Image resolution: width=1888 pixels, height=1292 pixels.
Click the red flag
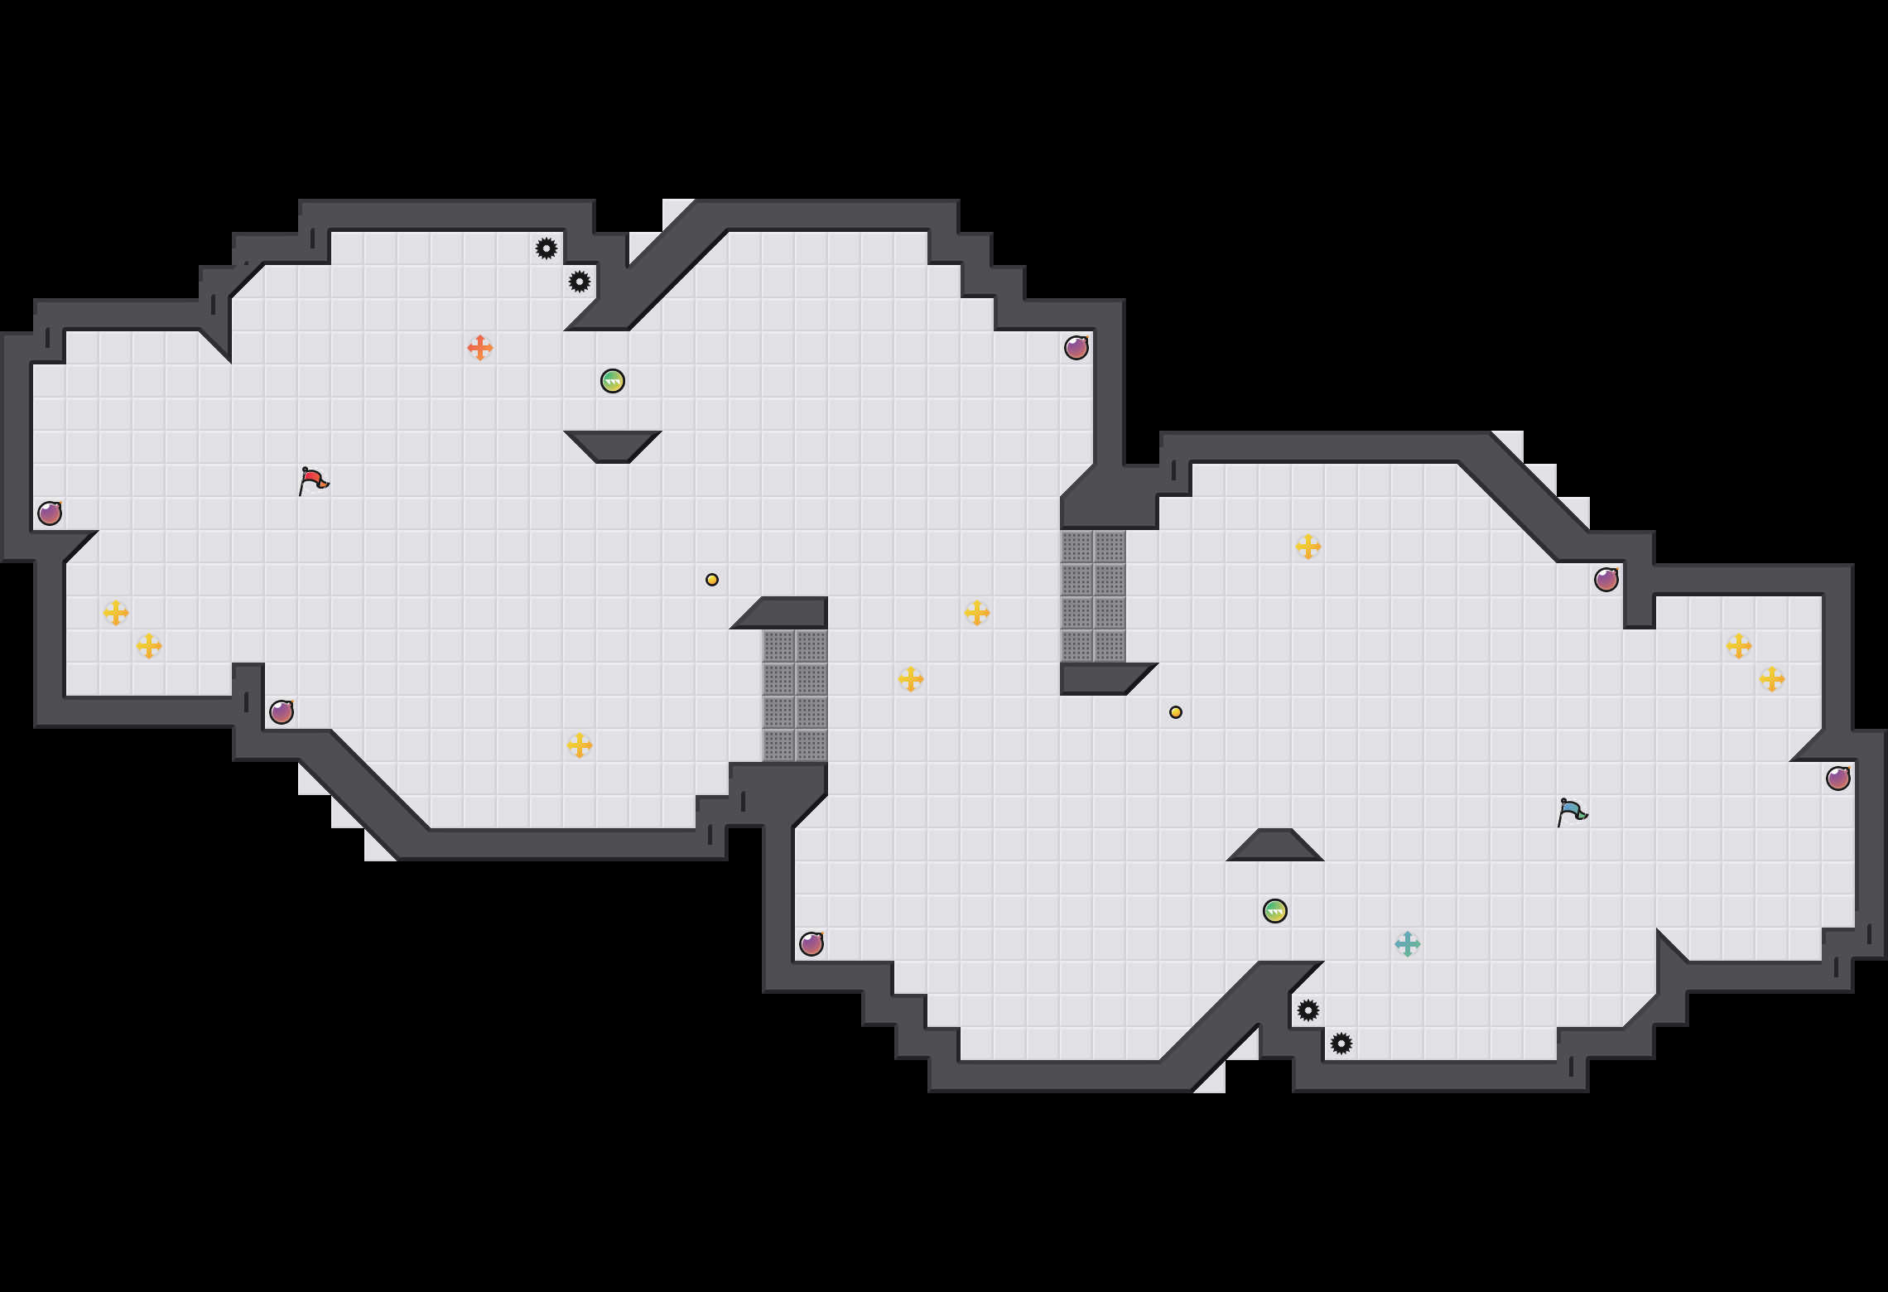[x=313, y=480]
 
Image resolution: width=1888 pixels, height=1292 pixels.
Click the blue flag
[x=1571, y=812]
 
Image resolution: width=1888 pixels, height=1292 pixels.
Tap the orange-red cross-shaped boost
[x=480, y=348]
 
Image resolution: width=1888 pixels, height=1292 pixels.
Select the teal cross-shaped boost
[x=1408, y=944]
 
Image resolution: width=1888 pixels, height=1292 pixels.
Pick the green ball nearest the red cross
[x=613, y=381]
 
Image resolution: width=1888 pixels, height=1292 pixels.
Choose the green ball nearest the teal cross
[x=1275, y=911]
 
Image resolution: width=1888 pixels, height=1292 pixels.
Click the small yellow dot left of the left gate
[x=712, y=580]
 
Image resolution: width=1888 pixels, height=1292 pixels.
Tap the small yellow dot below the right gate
[x=1176, y=712]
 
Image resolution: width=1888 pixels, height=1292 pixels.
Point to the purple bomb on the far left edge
[x=50, y=513]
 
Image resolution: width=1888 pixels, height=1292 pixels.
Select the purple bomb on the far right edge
[x=1838, y=779]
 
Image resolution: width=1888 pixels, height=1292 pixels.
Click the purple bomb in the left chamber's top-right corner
[x=1076, y=348]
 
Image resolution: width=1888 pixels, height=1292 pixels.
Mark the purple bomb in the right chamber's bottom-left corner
[x=812, y=944]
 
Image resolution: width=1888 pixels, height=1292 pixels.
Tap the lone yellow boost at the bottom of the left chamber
[x=580, y=745]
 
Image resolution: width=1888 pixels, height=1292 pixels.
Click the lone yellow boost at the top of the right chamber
[x=1308, y=547]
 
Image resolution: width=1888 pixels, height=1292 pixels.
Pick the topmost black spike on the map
[x=547, y=248]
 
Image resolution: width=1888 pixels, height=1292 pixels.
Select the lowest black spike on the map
[x=1341, y=1044]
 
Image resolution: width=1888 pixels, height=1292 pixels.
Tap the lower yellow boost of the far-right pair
[x=1772, y=679]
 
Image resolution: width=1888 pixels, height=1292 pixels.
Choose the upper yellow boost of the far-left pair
[x=116, y=613]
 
